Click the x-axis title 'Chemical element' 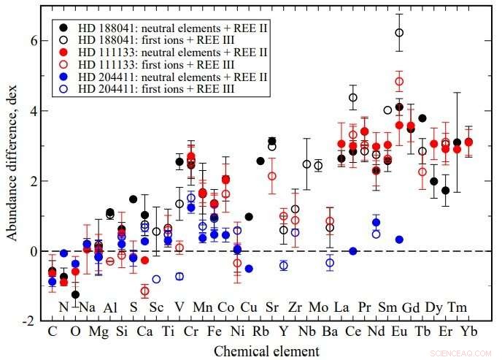[266, 351]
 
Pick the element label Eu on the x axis [399, 330]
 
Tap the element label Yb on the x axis [468, 330]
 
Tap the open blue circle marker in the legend [65, 88]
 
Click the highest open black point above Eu [399, 32]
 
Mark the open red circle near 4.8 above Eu [399, 81]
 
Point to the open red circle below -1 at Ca [144, 291]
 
